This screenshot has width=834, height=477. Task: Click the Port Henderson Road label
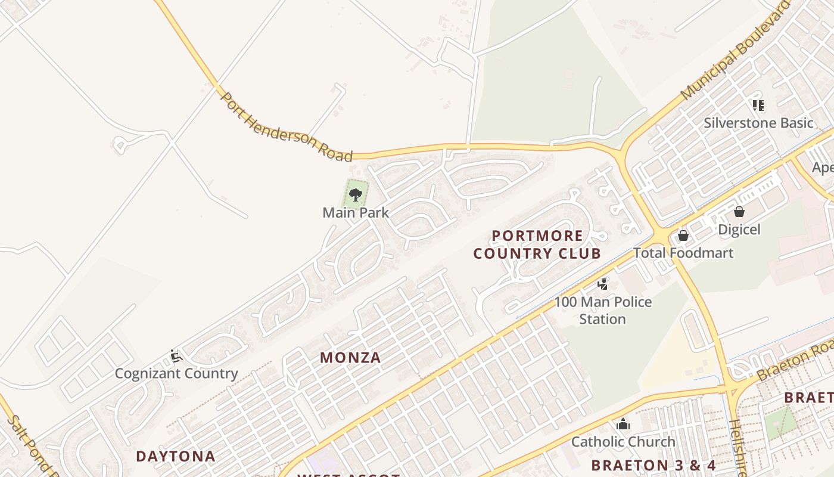287,127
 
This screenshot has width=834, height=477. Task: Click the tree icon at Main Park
356,194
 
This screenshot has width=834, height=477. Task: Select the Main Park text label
356,212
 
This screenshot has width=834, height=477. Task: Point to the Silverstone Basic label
758,123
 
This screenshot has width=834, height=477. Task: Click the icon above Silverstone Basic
758,106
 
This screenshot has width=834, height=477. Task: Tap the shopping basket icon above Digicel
739,212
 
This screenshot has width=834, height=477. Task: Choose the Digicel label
739,230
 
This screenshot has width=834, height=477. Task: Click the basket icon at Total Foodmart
683,236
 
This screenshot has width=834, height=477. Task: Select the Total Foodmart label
683,253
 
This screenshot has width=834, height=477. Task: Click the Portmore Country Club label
537,244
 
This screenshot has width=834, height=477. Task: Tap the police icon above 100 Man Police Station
603,284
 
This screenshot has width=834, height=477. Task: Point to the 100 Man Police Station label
603,310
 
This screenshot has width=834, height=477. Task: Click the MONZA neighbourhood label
350,358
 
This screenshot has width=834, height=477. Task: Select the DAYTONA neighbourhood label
175,457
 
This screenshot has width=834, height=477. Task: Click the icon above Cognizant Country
176,356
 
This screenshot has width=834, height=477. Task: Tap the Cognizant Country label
176,374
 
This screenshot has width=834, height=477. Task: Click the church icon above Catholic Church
623,425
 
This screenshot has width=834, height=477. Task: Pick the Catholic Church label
623,442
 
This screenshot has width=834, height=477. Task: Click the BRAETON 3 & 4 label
653,465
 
